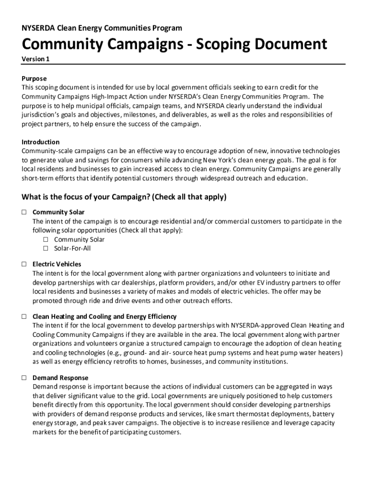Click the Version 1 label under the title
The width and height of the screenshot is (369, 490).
(x=35, y=59)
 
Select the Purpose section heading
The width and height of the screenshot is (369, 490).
(x=34, y=78)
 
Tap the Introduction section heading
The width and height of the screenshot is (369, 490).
(x=41, y=142)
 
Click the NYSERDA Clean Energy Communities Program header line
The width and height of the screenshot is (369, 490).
(x=102, y=28)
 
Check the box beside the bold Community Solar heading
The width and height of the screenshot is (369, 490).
(x=23, y=212)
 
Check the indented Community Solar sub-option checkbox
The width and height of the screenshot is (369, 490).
(x=46, y=239)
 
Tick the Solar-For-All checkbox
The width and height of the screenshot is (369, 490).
(x=46, y=248)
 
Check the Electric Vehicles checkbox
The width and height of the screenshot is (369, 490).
(x=23, y=264)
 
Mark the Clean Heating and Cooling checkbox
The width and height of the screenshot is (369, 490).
(x=23, y=317)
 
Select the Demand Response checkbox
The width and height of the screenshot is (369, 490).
(x=23, y=378)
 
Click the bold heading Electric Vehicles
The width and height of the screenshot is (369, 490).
(x=57, y=264)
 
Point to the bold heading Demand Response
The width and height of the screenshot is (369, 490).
(x=60, y=378)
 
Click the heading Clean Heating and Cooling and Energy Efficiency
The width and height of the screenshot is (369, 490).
(x=104, y=317)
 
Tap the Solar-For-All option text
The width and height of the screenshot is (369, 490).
(x=72, y=248)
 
